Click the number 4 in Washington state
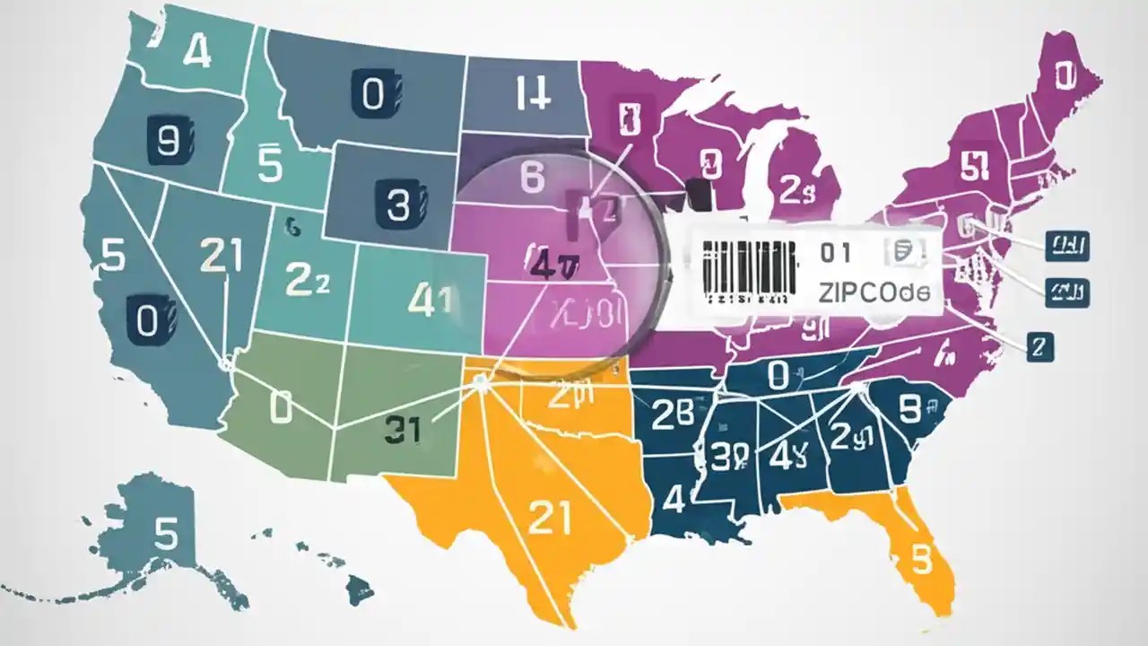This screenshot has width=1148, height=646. click(x=196, y=53)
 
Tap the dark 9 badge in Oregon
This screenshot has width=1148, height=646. click(x=168, y=141)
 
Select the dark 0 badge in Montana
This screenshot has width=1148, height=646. click(x=371, y=94)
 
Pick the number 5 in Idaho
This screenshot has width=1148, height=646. click(x=269, y=165)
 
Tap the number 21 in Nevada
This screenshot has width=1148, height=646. click(x=221, y=256)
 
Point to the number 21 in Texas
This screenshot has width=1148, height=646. click(x=550, y=518)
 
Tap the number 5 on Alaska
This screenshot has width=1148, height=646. click(x=167, y=534)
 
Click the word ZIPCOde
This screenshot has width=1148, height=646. click(x=874, y=292)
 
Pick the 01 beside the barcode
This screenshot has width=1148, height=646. click(x=834, y=254)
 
